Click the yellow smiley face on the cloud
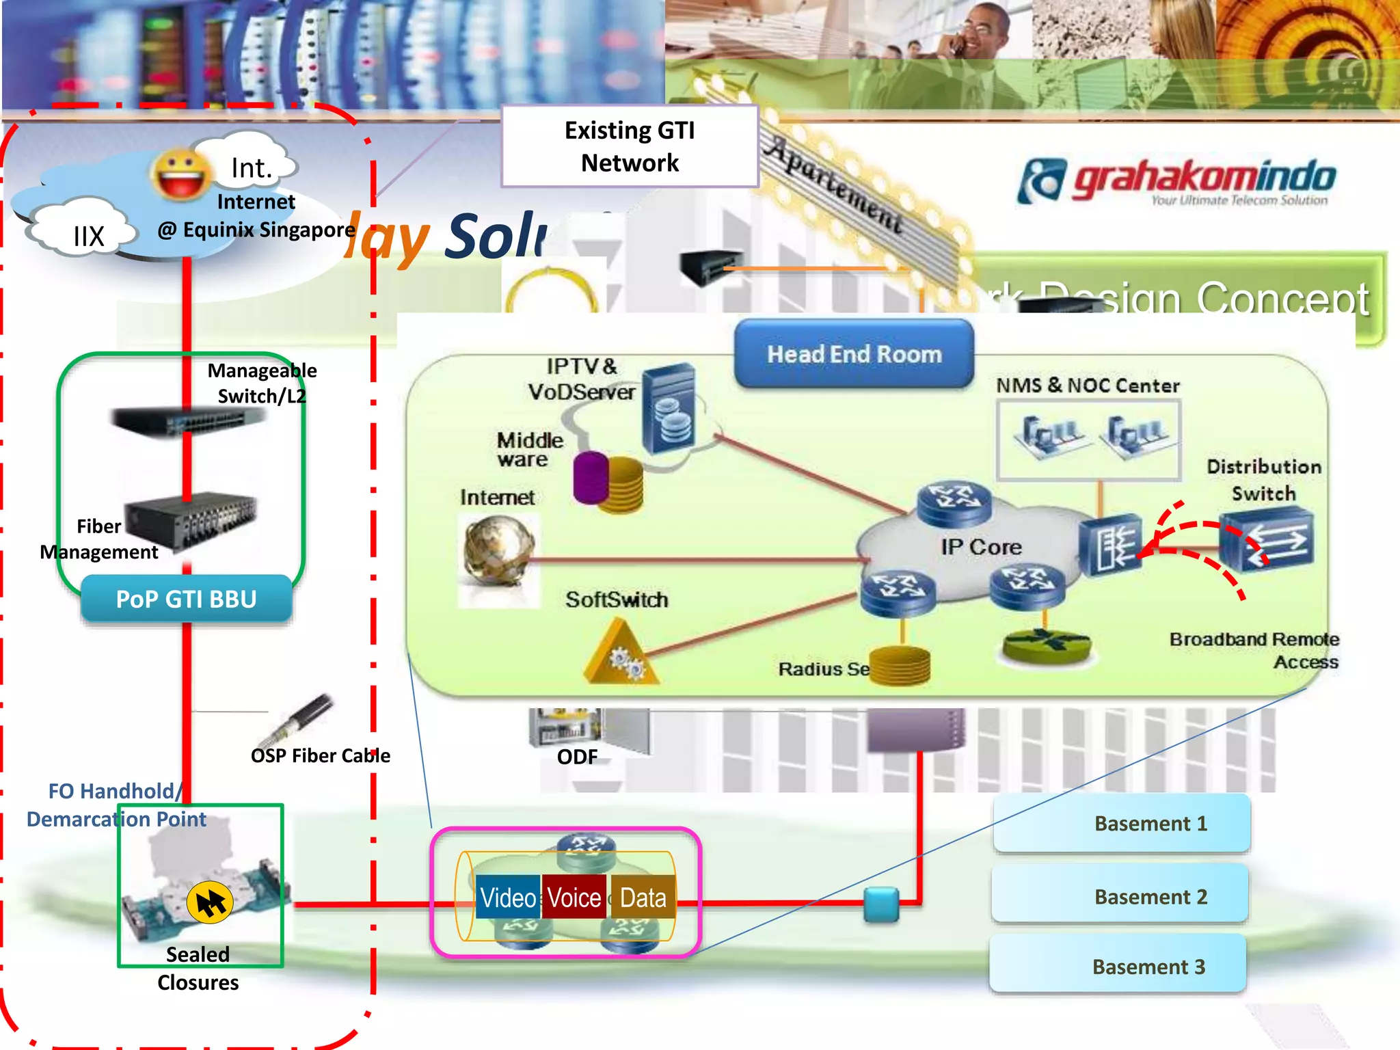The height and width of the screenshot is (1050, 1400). pyautogui.click(x=181, y=174)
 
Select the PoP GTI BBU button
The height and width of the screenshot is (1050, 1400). pyautogui.click(x=186, y=599)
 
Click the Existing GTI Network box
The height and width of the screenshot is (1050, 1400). pyautogui.click(x=630, y=146)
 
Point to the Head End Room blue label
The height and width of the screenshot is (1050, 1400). pyautogui.click(x=854, y=354)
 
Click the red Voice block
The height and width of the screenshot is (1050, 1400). pyautogui.click(x=574, y=898)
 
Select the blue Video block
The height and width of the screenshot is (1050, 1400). pyautogui.click(x=507, y=898)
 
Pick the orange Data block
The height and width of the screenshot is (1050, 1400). pyautogui.click(x=643, y=898)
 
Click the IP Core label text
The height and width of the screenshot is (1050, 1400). pyautogui.click(x=980, y=547)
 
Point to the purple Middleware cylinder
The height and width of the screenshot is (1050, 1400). pyautogui.click(x=591, y=478)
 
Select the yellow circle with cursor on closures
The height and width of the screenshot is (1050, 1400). pyautogui.click(x=210, y=902)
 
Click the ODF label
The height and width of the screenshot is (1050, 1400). pyautogui.click(x=577, y=757)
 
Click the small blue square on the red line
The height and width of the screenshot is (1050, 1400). pyautogui.click(x=881, y=904)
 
